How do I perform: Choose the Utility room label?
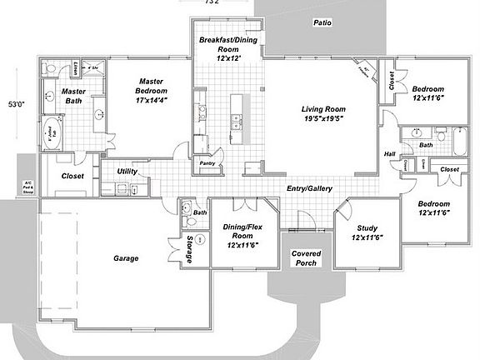127,171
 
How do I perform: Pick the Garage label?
126,258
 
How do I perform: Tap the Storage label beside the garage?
191,248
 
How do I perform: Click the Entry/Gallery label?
310,189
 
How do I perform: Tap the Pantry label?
207,163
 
